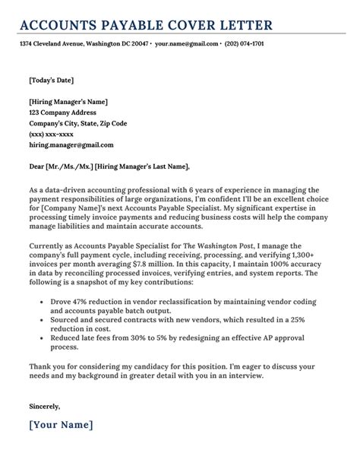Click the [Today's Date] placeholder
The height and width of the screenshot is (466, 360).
point(51,80)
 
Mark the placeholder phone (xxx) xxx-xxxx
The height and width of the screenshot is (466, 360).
point(52,134)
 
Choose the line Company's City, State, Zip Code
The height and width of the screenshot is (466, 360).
point(77,123)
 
